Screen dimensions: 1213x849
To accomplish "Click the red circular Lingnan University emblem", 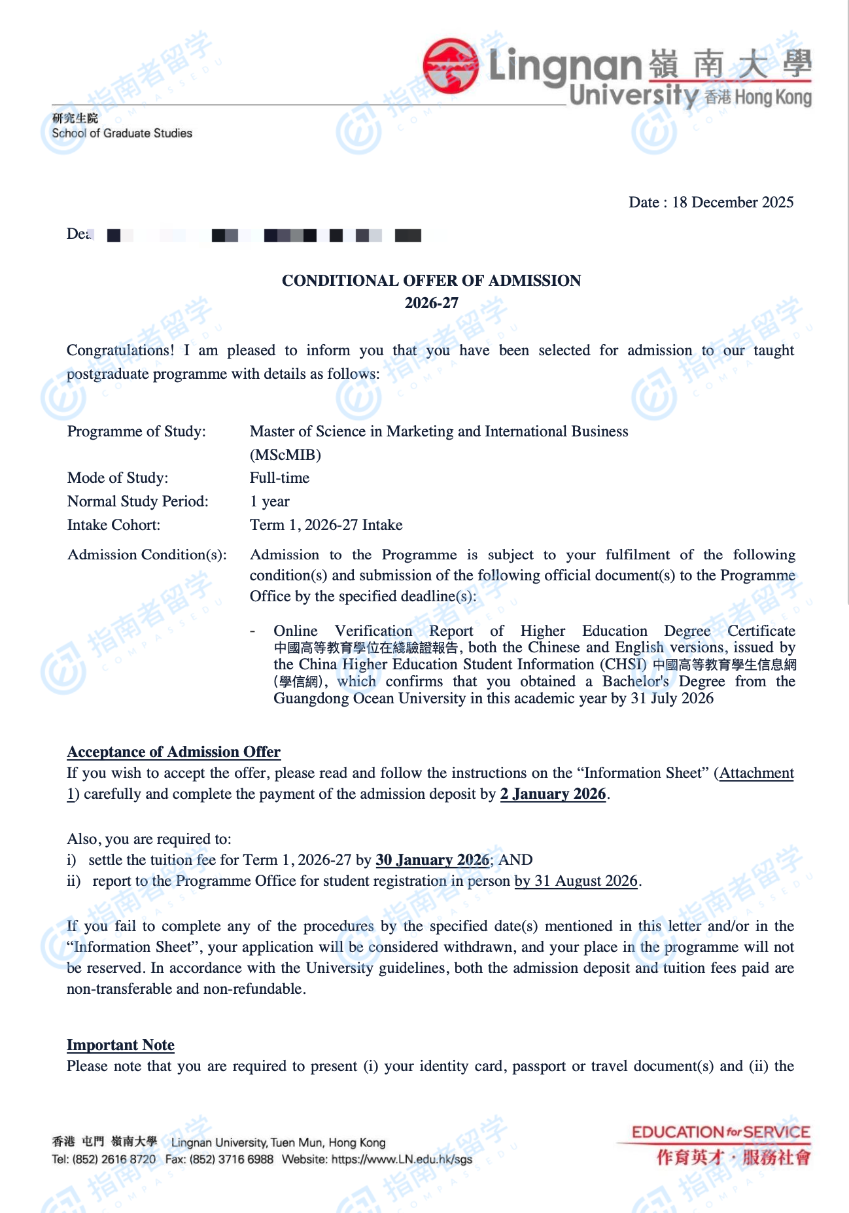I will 451,65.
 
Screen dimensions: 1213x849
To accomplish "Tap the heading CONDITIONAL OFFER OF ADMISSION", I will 431,281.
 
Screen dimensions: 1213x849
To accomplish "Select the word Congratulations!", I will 120,351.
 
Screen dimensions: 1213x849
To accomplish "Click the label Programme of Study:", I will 136,432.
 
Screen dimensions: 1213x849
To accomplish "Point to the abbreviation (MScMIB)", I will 285,455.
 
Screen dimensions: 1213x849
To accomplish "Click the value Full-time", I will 279,478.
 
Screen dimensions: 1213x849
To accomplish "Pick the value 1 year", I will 269,502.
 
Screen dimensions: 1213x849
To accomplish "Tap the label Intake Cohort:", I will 113,525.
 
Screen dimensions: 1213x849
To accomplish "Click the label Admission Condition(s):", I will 147,555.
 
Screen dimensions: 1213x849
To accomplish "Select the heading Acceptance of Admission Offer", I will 173,752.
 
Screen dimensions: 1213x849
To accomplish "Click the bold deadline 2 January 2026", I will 553,794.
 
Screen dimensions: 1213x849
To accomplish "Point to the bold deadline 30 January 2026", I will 432,860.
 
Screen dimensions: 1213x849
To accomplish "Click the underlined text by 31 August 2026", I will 576,881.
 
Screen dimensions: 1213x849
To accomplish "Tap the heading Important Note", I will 120,1046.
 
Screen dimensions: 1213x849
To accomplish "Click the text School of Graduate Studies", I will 122,133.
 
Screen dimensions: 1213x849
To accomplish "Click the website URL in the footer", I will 402,1159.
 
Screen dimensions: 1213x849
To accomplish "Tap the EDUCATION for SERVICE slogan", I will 720,1133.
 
